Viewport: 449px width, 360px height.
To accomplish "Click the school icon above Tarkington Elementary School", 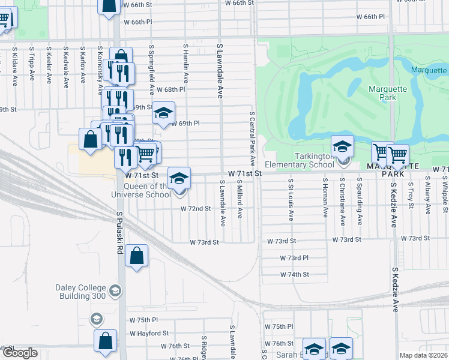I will click(342, 146).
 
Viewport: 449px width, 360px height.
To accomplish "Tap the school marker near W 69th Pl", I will click(163, 113).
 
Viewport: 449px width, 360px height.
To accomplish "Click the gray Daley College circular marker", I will click(115, 292).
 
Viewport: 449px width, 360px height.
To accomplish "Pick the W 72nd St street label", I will click(196, 209).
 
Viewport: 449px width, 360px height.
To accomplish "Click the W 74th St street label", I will click(294, 274).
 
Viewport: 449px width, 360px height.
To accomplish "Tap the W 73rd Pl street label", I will click(294, 257).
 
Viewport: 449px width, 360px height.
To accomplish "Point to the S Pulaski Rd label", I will click(120, 231).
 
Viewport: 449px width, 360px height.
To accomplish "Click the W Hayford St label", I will click(149, 333).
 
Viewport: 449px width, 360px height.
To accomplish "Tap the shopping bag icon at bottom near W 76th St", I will click(105, 340).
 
